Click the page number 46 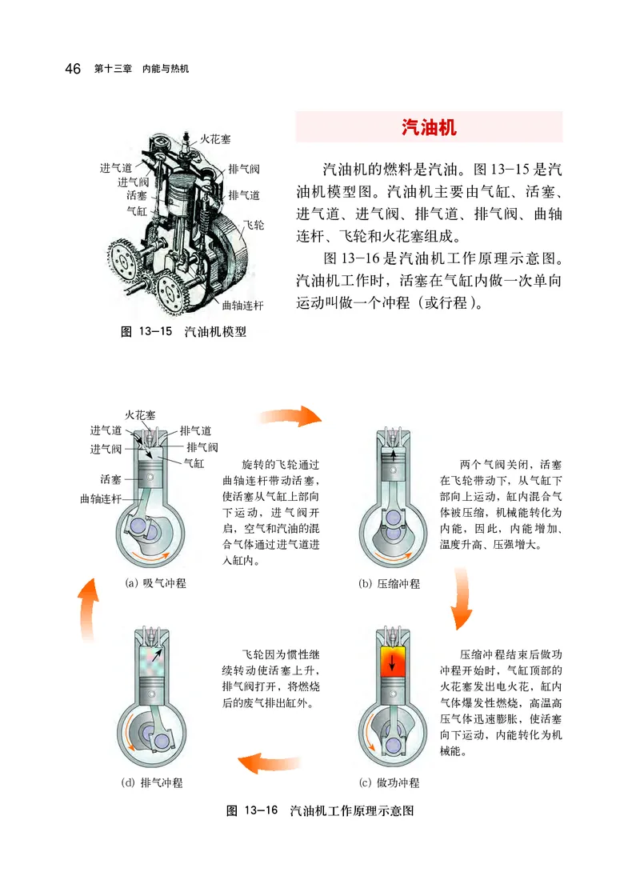72,70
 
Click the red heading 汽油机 429,127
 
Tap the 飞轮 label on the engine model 253,226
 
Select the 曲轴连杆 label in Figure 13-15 242,306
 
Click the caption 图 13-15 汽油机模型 183,332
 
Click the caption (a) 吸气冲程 156,583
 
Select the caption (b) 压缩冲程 389,584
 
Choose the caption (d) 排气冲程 156,782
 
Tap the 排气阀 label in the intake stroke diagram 202,447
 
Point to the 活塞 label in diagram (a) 111,479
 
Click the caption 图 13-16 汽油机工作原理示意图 320,810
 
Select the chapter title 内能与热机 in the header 165,70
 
